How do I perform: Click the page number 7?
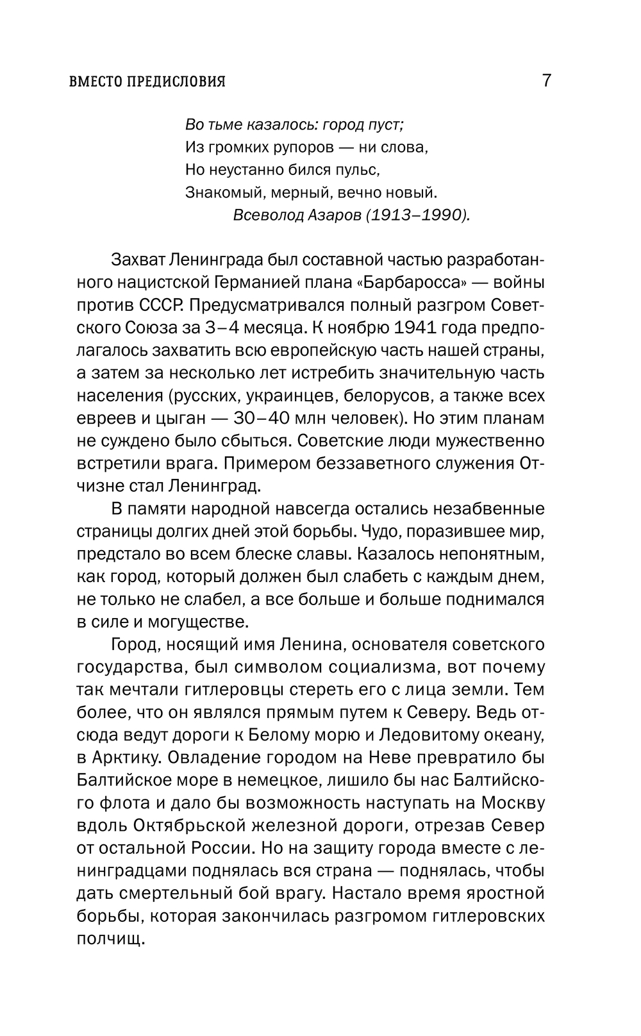pos(546,81)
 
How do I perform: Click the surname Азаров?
pos(336,215)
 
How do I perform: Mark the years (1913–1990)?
pos(418,215)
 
